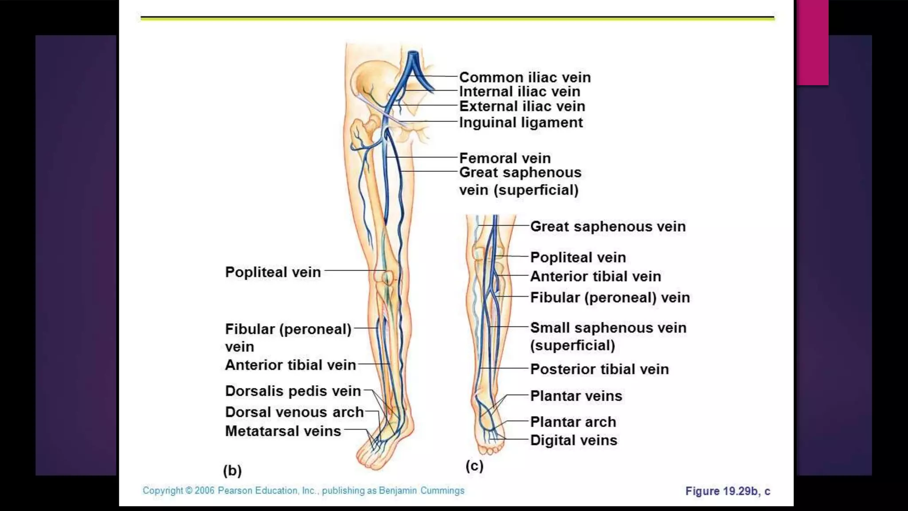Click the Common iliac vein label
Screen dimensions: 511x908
click(x=524, y=77)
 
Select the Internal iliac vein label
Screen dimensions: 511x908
click(x=519, y=92)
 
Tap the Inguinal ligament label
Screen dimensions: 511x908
click(x=521, y=122)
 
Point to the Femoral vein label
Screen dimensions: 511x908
click(x=505, y=158)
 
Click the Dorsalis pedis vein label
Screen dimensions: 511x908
click(x=293, y=391)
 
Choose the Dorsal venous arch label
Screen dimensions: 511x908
click(x=294, y=412)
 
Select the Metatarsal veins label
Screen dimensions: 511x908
click(x=283, y=431)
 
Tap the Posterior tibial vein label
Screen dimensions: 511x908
click(x=599, y=369)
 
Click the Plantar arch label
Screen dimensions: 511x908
click(x=573, y=422)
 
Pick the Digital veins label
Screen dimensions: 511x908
click(x=573, y=440)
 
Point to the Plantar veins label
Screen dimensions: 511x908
click(x=576, y=396)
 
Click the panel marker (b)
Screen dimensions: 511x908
click(x=232, y=470)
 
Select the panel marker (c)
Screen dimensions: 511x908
click(x=474, y=466)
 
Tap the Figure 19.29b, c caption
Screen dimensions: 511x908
click(x=728, y=491)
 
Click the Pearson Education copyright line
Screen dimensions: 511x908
click(x=303, y=491)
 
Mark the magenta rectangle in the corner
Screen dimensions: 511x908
click(x=812, y=42)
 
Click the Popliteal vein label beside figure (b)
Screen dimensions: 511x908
click(x=273, y=272)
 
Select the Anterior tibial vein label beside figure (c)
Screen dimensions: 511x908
click(x=595, y=276)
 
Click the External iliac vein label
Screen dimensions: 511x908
click(x=522, y=106)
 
